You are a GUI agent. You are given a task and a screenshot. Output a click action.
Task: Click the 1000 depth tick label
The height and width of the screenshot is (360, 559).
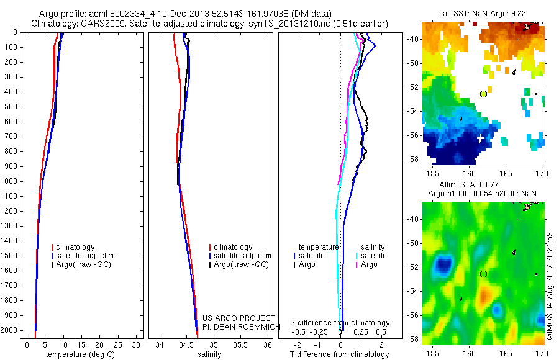[x=9, y=181]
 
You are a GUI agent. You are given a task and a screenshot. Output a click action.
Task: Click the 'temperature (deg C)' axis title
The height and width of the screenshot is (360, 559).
[x=79, y=354]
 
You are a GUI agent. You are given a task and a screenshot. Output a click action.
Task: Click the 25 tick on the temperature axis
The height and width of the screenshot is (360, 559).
[x=118, y=344]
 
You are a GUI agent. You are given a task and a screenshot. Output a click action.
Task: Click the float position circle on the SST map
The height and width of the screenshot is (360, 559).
[x=483, y=94]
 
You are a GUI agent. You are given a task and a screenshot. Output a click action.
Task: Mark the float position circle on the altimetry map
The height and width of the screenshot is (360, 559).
[x=483, y=274]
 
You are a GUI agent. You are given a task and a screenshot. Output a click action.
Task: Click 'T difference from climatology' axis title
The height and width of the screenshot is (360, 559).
[x=340, y=354]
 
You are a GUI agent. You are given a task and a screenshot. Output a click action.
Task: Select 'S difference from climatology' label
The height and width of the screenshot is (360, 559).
[x=340, y=323]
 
